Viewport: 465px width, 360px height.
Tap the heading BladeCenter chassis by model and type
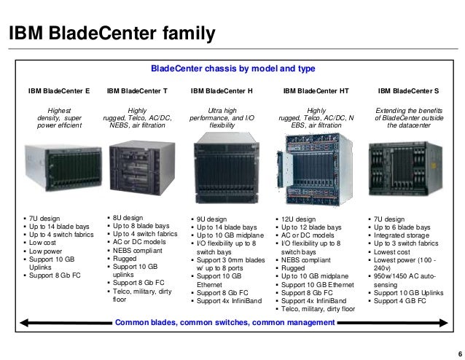[x=232, y=69]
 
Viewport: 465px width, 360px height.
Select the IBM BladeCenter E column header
[x=59, y=92]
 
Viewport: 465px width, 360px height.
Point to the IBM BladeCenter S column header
[x=408, y=92]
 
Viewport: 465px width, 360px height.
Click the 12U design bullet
[x=300, y=219]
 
